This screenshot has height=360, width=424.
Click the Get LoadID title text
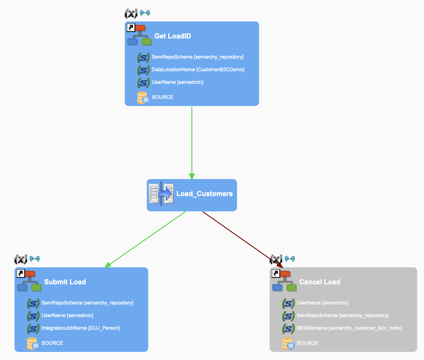pos(173,36)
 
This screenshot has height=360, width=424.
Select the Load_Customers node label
pos(204,194)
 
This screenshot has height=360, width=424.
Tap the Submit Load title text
pos(65,282)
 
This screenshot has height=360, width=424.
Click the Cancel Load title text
pos(319,282)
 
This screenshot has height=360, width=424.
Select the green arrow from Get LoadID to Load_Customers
pos(192,142)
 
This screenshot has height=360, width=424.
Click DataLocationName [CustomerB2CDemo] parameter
pos(198,69)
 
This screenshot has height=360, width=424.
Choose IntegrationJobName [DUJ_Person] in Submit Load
pos(81,328)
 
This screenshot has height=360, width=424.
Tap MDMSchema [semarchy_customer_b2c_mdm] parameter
pos(349,328)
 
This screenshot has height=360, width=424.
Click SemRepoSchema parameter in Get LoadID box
pos(198,57)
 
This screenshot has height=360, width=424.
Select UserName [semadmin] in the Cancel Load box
pos(322,303)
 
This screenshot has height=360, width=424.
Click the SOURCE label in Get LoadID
pos(163,97)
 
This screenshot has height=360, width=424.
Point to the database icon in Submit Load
pos(32,343)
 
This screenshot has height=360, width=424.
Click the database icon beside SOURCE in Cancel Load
pos(288,343)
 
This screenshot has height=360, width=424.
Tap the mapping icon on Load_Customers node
pos(161,194)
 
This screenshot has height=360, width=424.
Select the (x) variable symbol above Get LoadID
pos(131,13)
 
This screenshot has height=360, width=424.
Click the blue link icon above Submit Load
pos(35,259)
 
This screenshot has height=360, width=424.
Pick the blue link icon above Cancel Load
pos(290,259)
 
